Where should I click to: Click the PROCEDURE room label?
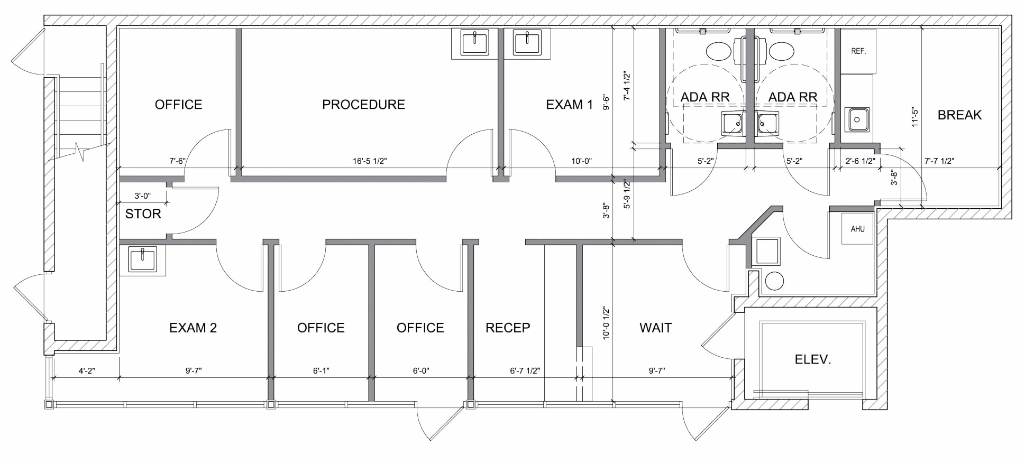(x=363, y=105)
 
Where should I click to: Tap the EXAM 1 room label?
(x=569, y=105)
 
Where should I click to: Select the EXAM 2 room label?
(x=193, y=328)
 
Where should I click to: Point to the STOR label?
(x=143, y=214)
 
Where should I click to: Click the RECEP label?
(x=508, y=328)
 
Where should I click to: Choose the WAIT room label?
(x=655, y=328)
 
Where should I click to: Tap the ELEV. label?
(x=813, y=360)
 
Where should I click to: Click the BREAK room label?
(x=959, y=115)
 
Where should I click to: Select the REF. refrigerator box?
(x=858, y=51)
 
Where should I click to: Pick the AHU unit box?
(x=857, y=229)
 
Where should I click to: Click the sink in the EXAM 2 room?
(x=142, y=261)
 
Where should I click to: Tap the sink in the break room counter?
(x=857, y=120)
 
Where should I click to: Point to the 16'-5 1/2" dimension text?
(x=370, y=161)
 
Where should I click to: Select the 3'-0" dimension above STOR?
(x=142, y=196)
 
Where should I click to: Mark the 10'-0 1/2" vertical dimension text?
(x=606, y=323)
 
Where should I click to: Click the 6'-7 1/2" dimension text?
(x=525, y=371)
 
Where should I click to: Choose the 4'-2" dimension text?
(x=87, y=371)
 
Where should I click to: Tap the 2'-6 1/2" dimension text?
(x=860, y=161)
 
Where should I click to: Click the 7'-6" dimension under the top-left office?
(x=178, y=161)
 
